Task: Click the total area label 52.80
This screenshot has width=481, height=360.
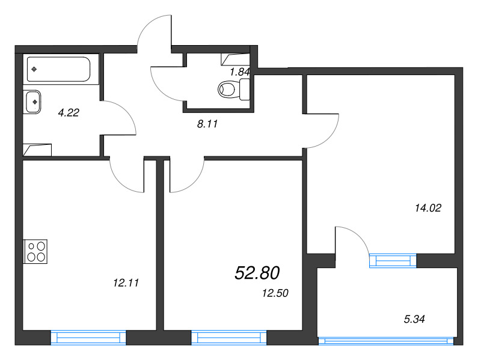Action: coord(257,273)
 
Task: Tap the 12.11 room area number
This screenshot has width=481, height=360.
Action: coord(126,282)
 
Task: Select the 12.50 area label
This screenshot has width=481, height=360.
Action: coord(275,293)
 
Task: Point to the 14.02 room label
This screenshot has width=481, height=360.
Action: coord(428,208)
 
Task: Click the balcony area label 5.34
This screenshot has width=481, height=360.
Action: coord(414,319)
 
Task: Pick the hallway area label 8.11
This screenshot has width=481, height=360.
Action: coord(207,124)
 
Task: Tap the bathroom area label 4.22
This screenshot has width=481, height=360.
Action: coord(69,112)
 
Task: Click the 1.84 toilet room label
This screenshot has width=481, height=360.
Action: coord(239,72)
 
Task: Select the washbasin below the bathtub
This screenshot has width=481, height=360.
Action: coord(32,102)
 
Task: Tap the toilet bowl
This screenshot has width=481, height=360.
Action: coord(234,89)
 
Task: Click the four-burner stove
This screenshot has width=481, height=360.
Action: coord(35,251)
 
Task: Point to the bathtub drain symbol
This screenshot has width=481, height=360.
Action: coord(34,69)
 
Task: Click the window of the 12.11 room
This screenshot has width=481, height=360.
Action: coord(88,338)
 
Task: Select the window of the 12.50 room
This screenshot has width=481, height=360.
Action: coord(229,338)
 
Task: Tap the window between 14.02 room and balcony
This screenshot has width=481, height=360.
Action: coord(393,261)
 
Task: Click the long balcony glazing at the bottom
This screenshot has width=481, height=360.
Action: coord(387,341)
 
